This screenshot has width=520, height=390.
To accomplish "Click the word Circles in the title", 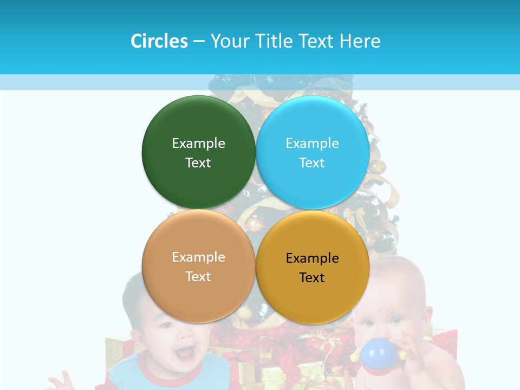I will coord(159,41).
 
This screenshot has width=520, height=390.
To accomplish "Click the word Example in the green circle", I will coord(199,144).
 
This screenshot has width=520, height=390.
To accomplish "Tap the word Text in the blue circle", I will coord(312,163).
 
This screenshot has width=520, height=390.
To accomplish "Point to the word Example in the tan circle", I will coord(199,257).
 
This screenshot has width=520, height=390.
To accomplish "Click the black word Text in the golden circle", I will coord(312,278).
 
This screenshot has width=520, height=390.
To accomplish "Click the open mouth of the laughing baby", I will coord(185,353).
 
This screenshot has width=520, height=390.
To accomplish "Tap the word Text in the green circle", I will coord(198,163).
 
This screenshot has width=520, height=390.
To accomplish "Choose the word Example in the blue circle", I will coord(313,144).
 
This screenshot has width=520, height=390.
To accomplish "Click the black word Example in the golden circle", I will coord(313,258).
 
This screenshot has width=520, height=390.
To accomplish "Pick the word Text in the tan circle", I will coord(198,277).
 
